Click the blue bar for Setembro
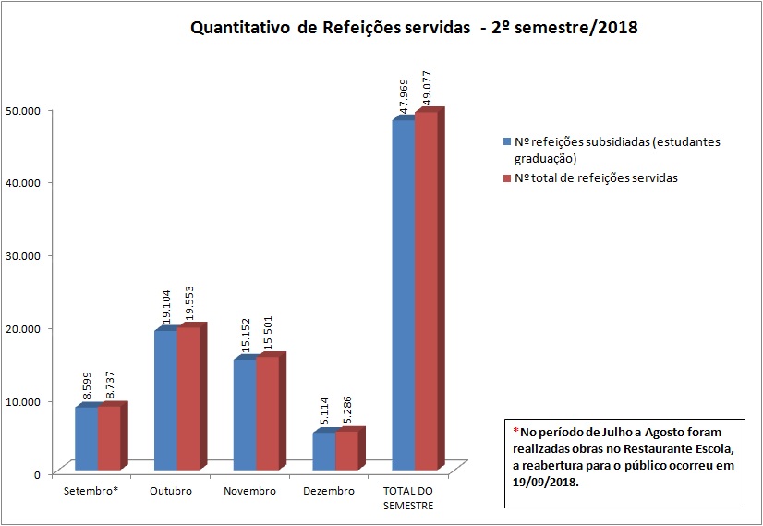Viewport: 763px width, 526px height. [x=86, y=438]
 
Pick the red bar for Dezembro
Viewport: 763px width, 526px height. [x=345, y=450]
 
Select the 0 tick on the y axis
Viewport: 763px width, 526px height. [x=37, y=474]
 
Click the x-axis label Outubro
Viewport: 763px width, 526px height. [x=171, y=491]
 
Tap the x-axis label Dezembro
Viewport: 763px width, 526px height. [x=329, y=491]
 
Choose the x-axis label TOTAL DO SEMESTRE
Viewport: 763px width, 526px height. [x=409, y=497]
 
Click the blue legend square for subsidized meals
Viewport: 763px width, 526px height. [x=507, y=142]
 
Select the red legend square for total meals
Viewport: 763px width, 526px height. [x=507, y=177]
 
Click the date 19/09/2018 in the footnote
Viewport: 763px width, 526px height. [x=545, y=482]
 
